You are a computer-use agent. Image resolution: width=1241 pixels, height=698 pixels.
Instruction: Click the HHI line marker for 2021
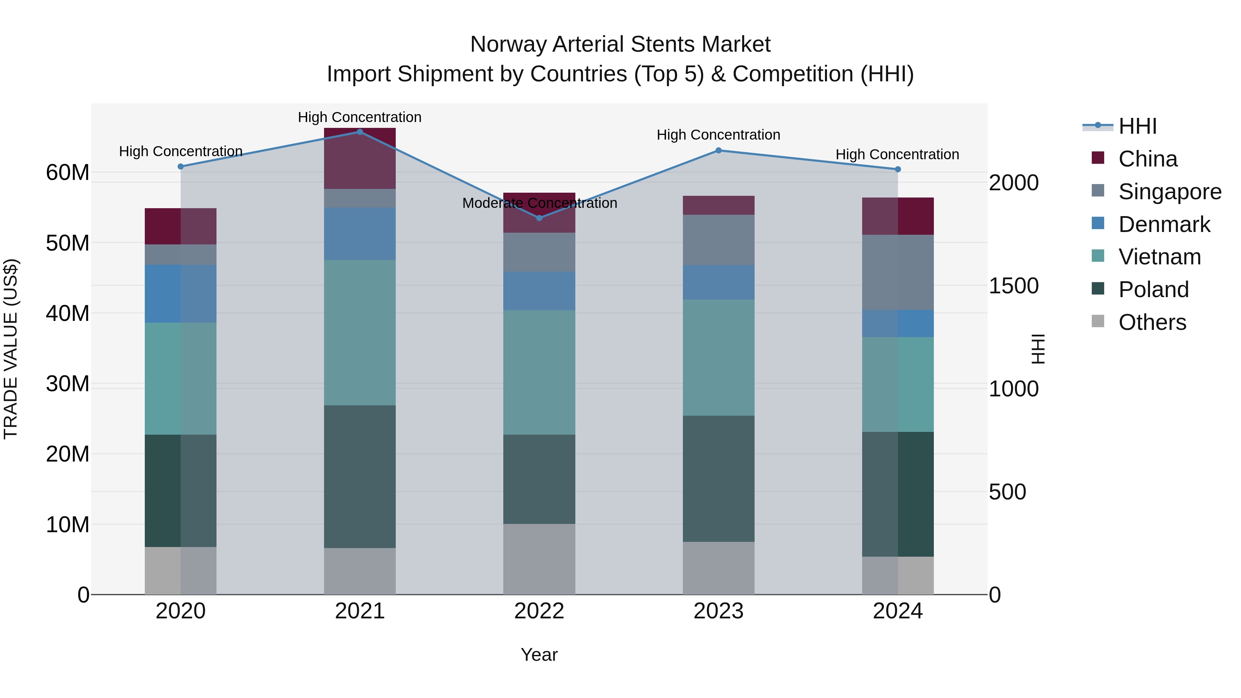coord(360,132)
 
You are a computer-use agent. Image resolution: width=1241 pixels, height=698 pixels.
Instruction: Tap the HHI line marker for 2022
coord(539,218)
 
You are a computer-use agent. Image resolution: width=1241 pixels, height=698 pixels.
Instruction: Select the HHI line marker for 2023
coord(718,150)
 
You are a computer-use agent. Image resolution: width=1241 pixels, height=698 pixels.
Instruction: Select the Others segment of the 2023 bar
coord(718,568)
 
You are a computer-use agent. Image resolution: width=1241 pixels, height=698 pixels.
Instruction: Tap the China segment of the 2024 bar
coord(898,216)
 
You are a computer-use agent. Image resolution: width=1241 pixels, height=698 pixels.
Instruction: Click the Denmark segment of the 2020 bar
coord(181,293)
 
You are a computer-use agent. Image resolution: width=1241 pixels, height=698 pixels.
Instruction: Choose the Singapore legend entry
coord(1170,191)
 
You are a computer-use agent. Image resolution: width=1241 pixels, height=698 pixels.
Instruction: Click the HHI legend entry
coord(1137,126)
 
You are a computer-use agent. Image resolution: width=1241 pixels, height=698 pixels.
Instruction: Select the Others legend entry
coord(1152,322)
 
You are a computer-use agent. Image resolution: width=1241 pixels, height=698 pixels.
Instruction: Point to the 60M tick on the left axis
coord(68,172)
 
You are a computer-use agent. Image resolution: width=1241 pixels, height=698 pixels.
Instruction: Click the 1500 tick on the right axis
coord(1013,286)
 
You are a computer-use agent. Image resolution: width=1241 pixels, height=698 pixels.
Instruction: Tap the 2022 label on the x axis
coord(539,611)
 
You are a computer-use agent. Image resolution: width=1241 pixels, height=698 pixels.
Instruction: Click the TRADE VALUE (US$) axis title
coord(11,349)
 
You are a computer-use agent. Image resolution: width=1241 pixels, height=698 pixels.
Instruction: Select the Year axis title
coord(539,655)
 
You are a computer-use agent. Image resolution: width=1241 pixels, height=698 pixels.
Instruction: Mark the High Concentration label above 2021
coord(360,117)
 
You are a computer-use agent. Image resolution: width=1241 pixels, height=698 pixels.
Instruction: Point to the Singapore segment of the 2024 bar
coord(898,272)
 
